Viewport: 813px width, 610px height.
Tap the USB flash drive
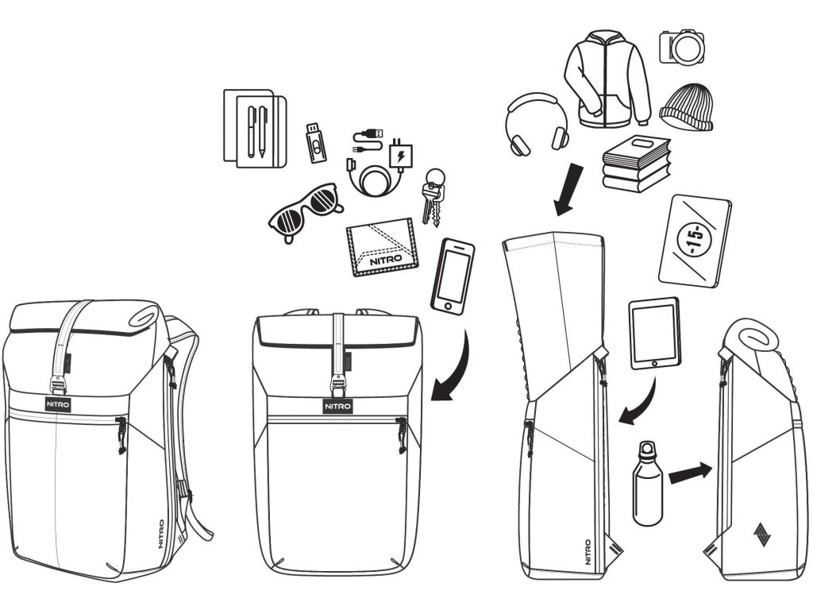pyautogui.click(x=315, y=143)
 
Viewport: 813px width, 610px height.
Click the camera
pyautogui.click(x=682, y=47)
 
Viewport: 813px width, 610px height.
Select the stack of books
pyautogui.click(x=636, y=164)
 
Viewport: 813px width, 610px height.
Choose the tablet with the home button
pyautogui.click(x=655, y=333)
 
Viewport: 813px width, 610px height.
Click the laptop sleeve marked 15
pyautogui.click(x=694, y=239)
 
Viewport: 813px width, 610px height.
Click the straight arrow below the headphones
pyautogui.click(x=570, y=189)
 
